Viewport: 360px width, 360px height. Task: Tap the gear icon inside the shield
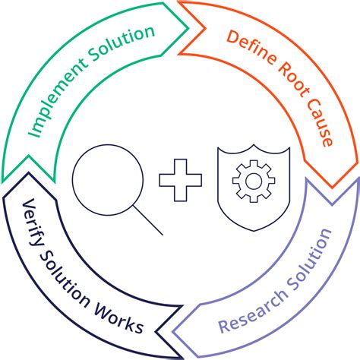click(250, 182)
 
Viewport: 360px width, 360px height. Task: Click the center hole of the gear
click(250, 182)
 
